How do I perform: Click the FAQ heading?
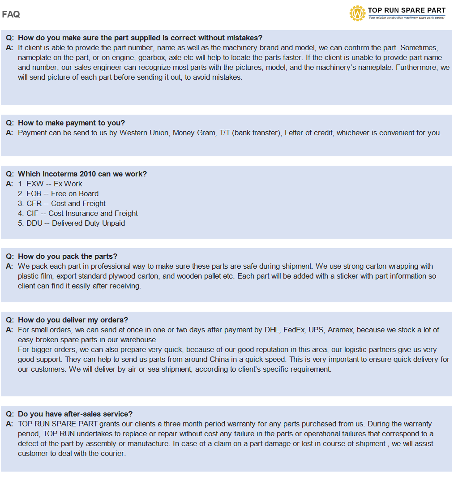[x=11, y=14]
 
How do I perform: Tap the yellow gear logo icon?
[x=357, y=13]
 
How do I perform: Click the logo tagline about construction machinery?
[x=406, y=18]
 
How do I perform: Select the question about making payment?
[x=71, y=123]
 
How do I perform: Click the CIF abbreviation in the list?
[x=33, y=213]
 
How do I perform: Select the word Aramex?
[x=340, y=330]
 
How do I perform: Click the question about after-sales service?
[x=75, y=414]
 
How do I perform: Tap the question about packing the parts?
[x=67, y=256]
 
